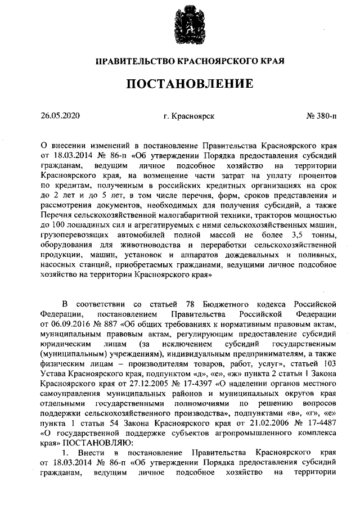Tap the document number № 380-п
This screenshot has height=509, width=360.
(x=321, y=116)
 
